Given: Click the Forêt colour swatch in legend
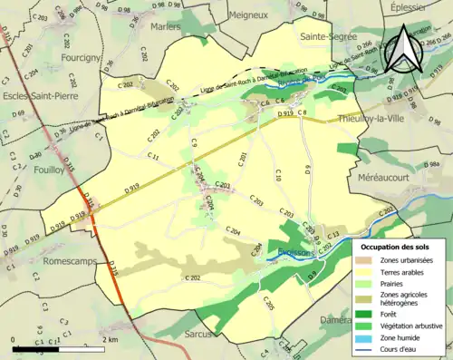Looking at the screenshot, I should coord(365,314).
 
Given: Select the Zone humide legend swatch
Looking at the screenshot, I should coord(365,337).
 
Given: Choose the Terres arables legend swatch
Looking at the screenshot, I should coord(365,272).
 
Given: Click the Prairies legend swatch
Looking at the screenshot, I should coord(365,284).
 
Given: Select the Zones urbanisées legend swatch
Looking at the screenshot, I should coord(365,260).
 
